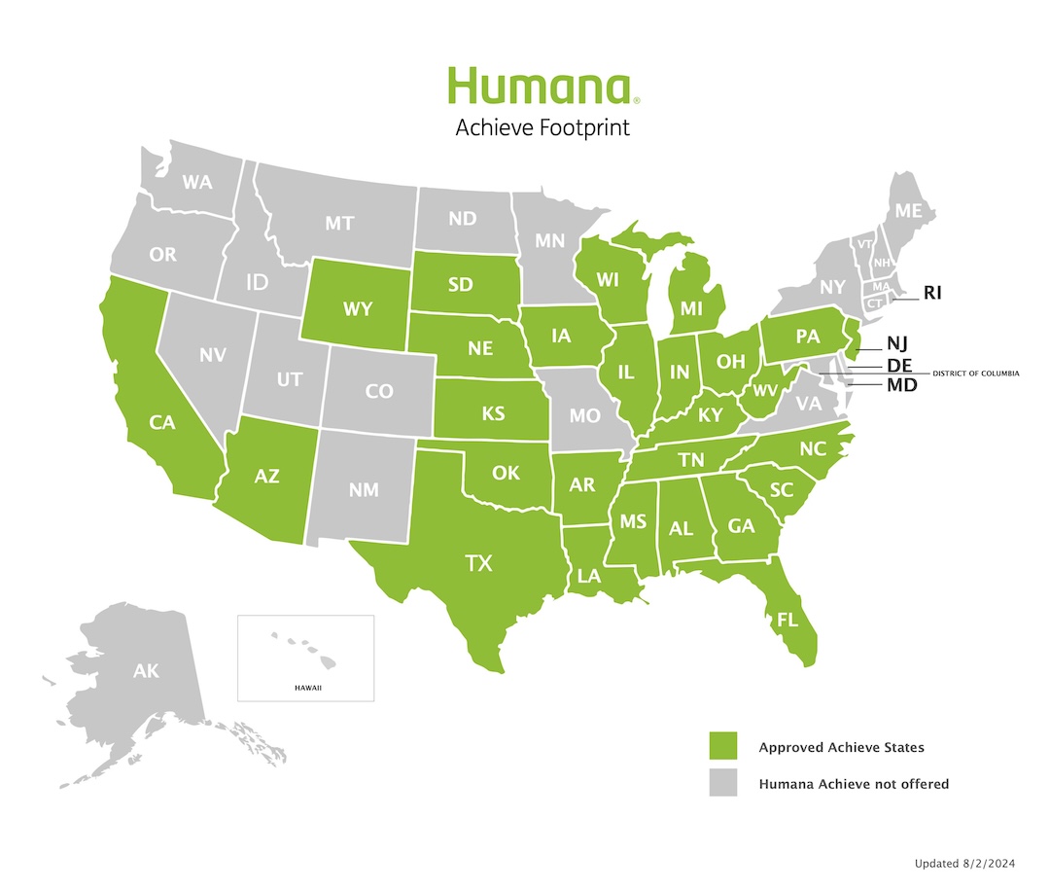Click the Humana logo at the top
pos(542,87)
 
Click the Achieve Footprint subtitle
pos(542,127)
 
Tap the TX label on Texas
pos(477,562)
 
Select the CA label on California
pos(161,422)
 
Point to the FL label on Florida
pos(777,618)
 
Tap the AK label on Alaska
pos(146,671)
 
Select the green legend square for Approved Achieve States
pos(722,747)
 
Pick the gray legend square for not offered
pos(722,783)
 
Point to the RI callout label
pos(932,292)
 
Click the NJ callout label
pos(896,343)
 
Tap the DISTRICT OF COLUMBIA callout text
pos(975,374)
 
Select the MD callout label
pos(900,385)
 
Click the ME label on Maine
pos(908,210)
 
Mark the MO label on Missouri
pos(584,415)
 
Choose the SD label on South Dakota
pos(461,286)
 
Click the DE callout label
pos(898,365)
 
